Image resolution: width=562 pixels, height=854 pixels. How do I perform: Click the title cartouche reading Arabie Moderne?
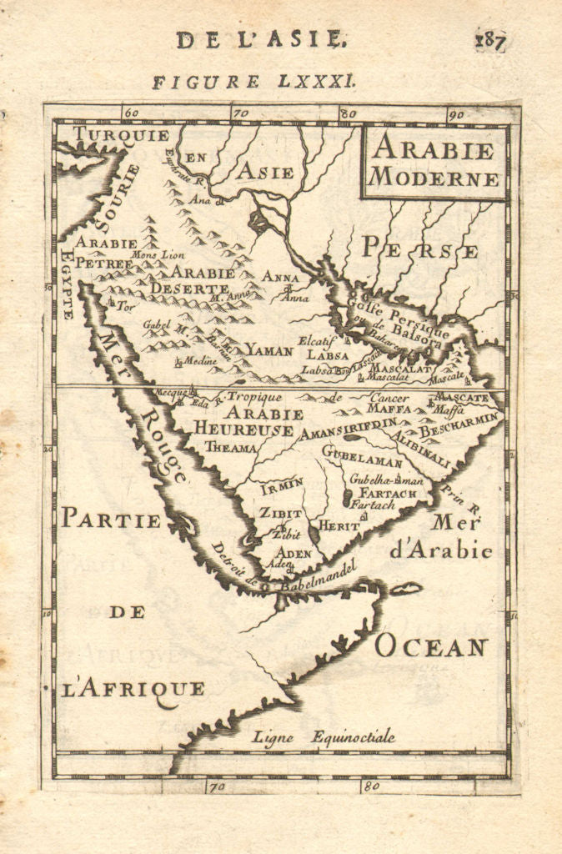(434, 163)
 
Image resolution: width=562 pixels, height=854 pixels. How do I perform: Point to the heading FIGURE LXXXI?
(255, 82)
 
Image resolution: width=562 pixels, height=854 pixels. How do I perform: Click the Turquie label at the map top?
(121, 134)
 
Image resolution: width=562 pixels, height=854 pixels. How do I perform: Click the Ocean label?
(430, 646)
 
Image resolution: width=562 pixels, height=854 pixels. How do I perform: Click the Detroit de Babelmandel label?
(284, 575)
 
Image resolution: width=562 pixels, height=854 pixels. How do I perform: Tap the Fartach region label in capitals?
(388, 493)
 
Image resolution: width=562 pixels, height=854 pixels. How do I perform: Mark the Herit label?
(339, 526)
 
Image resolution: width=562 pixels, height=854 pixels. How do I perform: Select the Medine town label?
(198, 360)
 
